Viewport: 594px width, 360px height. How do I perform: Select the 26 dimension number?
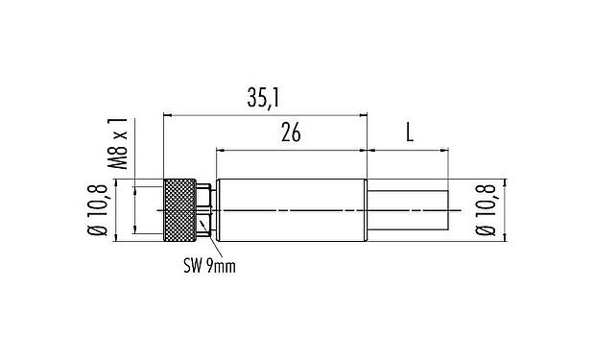click(291, 133)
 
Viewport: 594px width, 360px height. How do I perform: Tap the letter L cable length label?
click(410, 133)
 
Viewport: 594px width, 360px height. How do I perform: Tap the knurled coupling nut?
click(180, 208)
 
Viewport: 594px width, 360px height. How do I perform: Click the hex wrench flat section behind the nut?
click(204, 208)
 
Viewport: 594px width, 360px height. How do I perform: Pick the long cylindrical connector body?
click(292, 208)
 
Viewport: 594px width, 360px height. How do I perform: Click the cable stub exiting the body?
click(409, 208)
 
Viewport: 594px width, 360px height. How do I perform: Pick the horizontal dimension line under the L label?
click(409, 150)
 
